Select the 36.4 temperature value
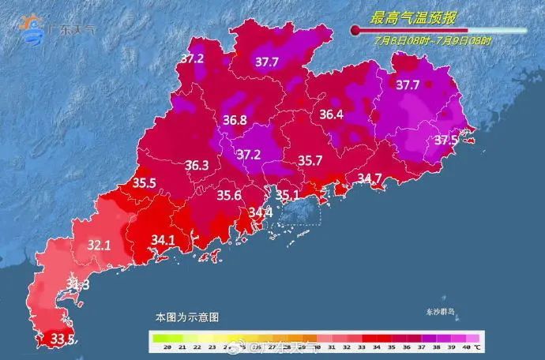331,115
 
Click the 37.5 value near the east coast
446,140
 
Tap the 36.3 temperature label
197,166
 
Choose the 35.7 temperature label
310,160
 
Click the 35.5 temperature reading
144,183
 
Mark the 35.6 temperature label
229,196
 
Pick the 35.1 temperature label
287,195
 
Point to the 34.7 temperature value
370,178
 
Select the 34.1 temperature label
163,238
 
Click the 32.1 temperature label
99,246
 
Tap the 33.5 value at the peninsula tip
62,339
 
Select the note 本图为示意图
186,317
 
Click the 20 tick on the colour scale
157,346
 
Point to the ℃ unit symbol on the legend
479,346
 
